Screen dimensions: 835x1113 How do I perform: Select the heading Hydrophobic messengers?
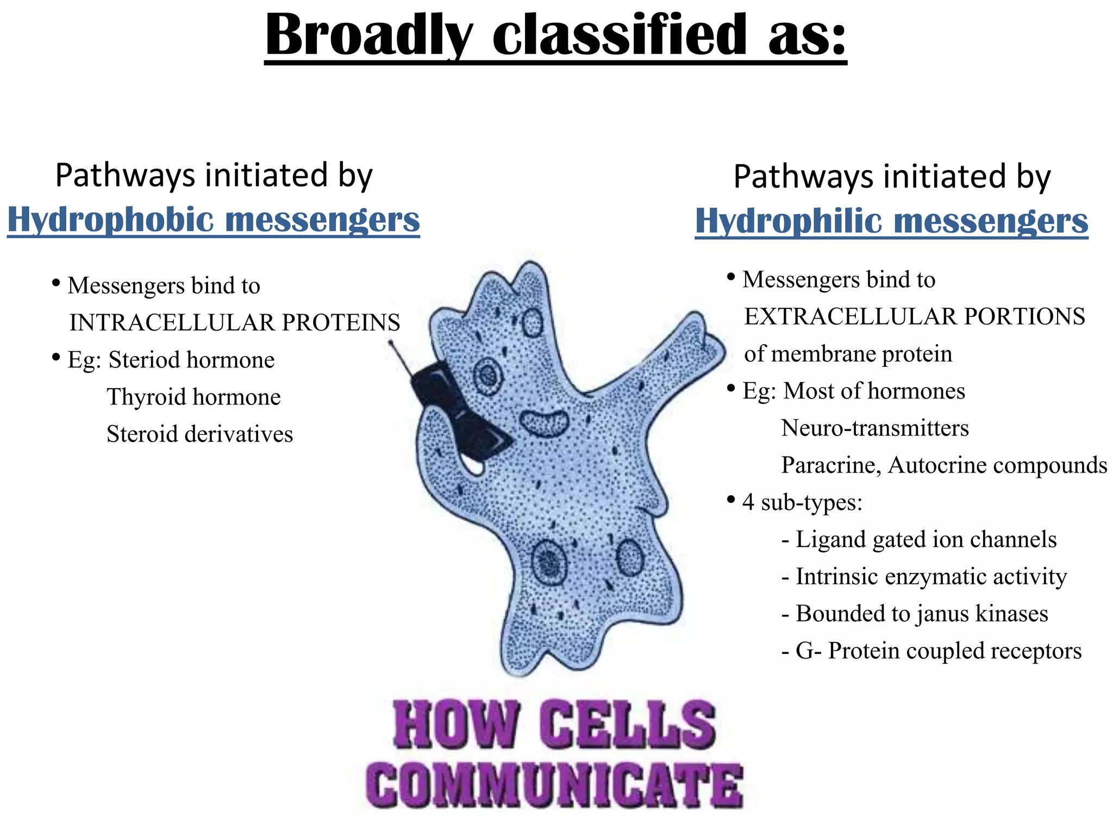coord(214,220)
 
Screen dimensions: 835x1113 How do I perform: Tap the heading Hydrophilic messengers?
coord(891,221)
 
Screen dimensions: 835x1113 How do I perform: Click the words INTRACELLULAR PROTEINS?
coord(235,323)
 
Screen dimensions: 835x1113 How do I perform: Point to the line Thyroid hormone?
coord(193,397)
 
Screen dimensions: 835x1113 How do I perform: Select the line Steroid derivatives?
coord(199,434)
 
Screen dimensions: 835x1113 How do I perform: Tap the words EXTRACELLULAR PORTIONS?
coord(915,317)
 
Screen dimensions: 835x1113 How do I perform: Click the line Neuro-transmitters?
coord(875,428)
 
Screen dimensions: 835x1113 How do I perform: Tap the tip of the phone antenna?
coord(391,342)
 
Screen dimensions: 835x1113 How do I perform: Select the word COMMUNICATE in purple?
coord(554,786)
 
